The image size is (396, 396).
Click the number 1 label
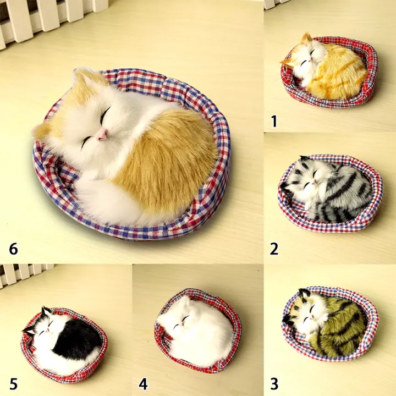(274, 121)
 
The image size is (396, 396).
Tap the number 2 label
(274, 249)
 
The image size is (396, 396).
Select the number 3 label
(274, 384)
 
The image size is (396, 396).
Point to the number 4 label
(143, 384)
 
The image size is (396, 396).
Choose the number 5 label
(13, 384)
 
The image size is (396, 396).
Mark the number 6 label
(13, 249)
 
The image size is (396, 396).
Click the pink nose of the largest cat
(102, 134)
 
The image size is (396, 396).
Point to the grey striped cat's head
(308, 179)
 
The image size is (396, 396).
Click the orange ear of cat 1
(306, 38)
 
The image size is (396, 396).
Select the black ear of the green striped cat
(304, 293)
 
